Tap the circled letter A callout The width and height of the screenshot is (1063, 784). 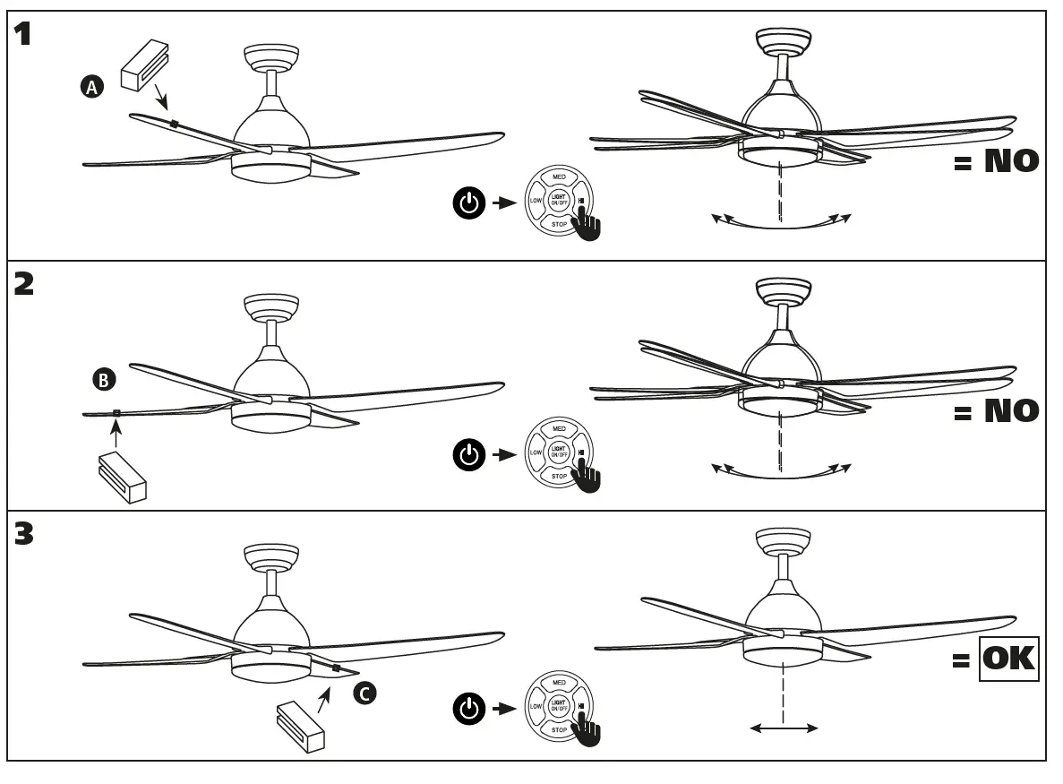pos(91,86)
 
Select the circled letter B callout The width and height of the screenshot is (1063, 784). pos(104,381)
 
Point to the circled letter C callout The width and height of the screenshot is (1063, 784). pos(364,693)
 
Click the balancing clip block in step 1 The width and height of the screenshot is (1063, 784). pos(144,64)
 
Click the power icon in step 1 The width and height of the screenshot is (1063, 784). pos(468,203)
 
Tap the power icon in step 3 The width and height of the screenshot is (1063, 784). pos(468,710)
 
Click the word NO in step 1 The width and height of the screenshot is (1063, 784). pos(1011,161)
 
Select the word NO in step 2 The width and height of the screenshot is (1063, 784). pos(1011,411)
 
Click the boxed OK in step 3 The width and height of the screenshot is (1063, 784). pos(1008,660)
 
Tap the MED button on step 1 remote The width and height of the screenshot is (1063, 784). pos(558,177)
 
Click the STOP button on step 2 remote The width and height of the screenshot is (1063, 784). pos(558,477)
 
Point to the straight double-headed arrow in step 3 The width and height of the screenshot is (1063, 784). pos(784,728)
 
